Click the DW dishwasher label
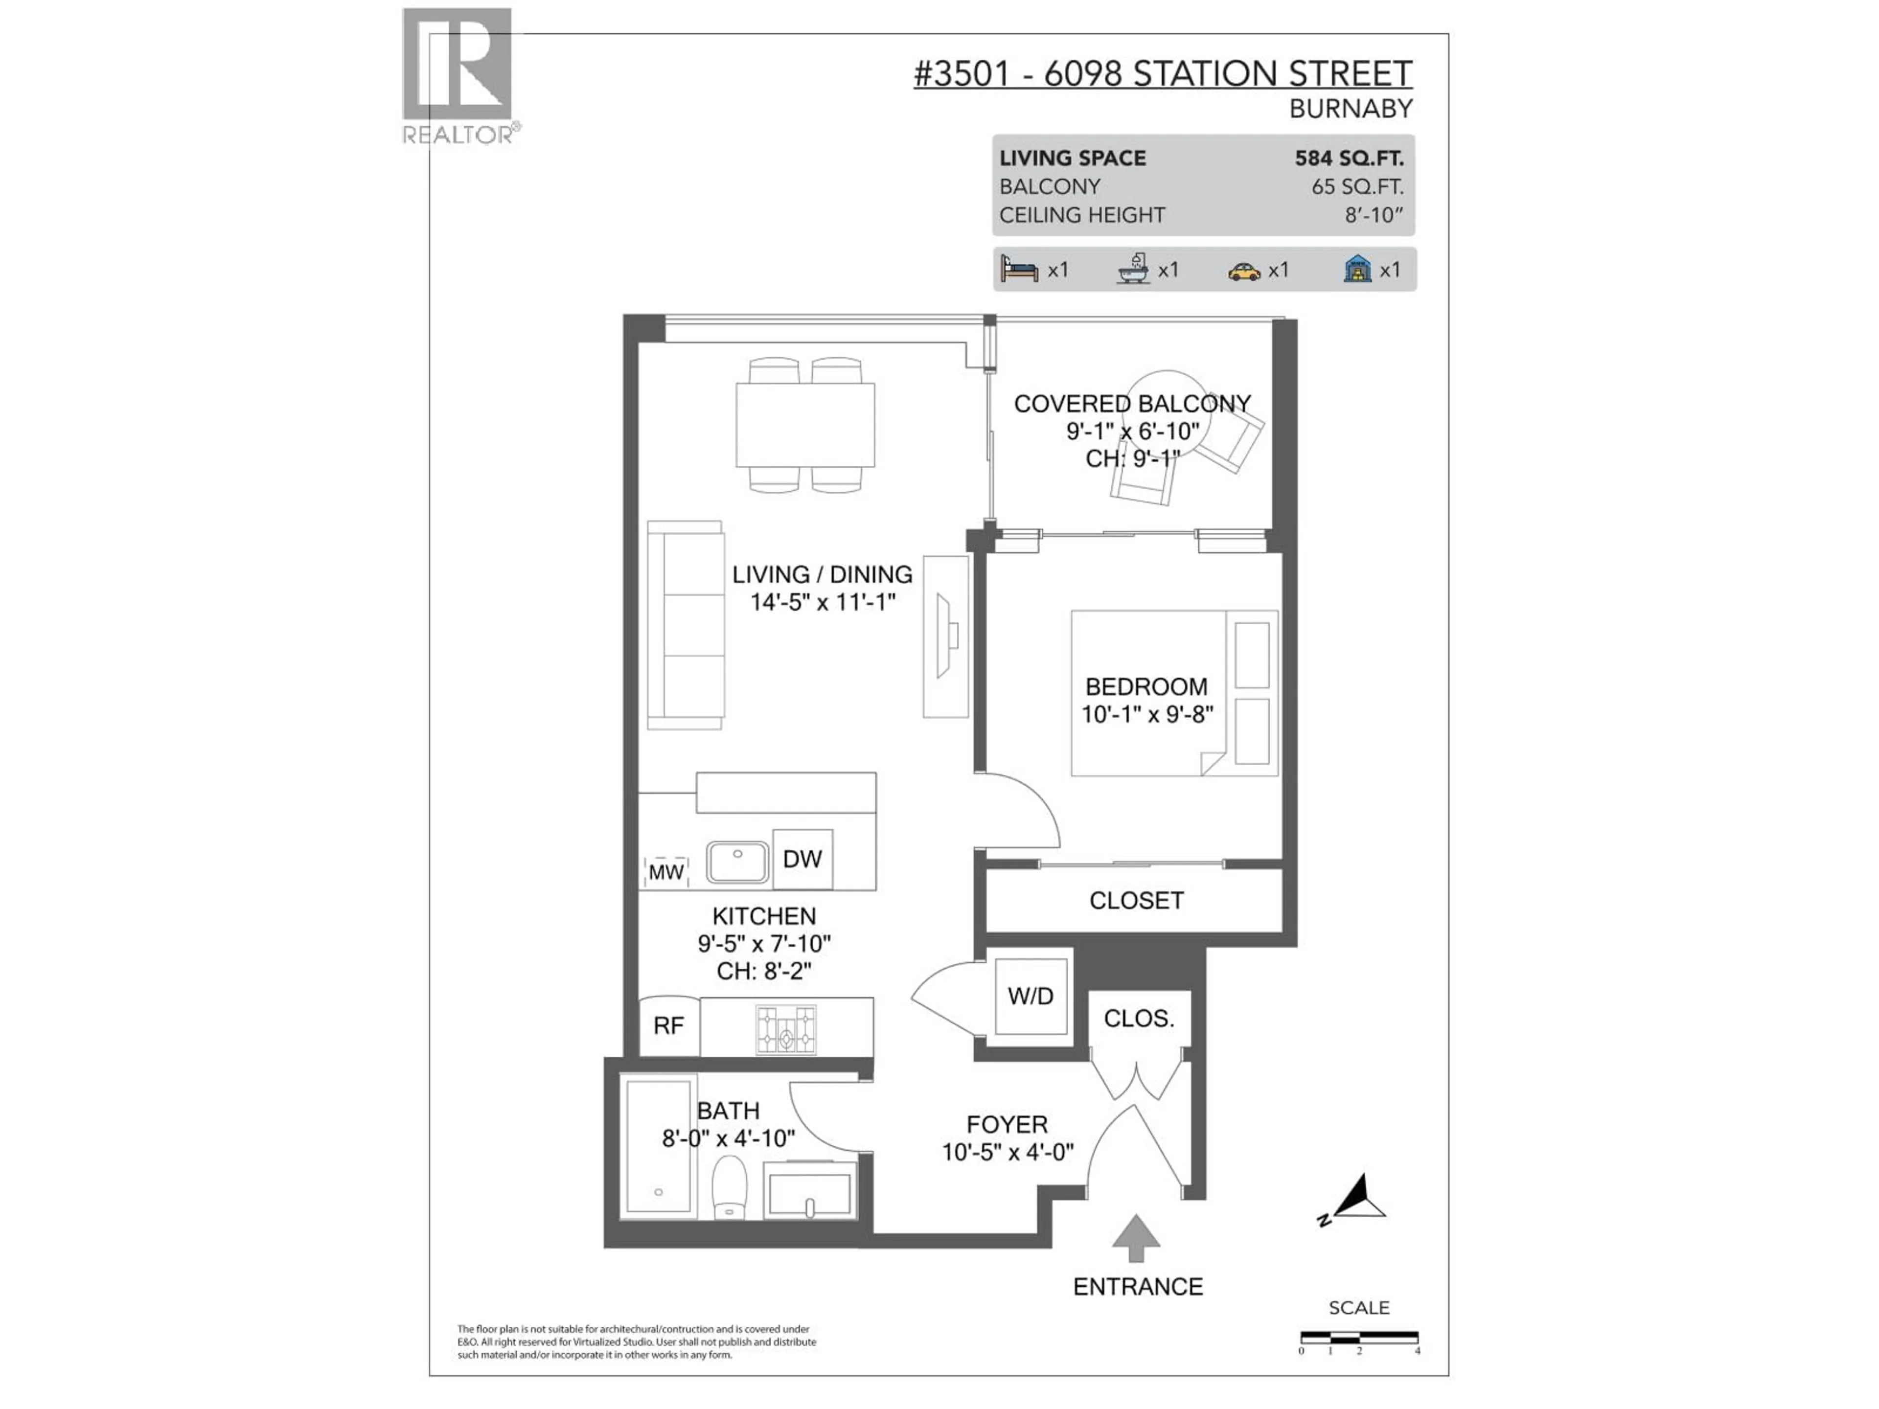[x=802, y=859]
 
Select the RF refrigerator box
[x=668, y=1026]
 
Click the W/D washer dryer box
[x=1031, y=996]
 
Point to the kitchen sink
[x=737, y=861]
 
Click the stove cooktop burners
[x=786, y=1029]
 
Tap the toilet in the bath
[x=729, y=1187]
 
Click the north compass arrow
[x=1359, y=1198]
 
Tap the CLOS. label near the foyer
[x=1138, y=1018]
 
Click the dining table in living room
[x=804, y=425]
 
